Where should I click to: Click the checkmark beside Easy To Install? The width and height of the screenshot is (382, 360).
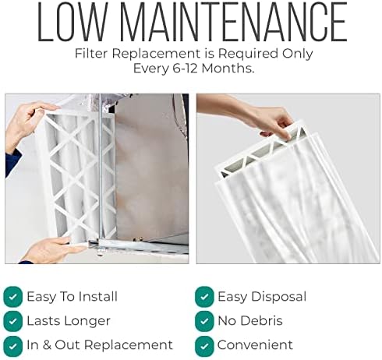coord(12,296)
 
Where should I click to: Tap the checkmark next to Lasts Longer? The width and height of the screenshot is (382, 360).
coord(12,320)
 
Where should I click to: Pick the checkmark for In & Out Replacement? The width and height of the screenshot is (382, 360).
coord(12,344)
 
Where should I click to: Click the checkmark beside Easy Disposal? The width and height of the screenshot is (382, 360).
coord(204,296)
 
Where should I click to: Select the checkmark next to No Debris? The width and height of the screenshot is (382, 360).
coord(204,320)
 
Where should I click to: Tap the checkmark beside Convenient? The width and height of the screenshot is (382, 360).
coord(204,344)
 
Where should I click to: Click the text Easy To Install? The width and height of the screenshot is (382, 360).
coord(72,296)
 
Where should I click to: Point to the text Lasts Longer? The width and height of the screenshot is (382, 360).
coord(69,320)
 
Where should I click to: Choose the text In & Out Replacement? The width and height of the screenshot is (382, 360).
coord(100,344)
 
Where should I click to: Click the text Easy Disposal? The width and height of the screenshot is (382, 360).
coord(262,296)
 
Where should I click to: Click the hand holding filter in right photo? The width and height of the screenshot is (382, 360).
coord(276,121)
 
